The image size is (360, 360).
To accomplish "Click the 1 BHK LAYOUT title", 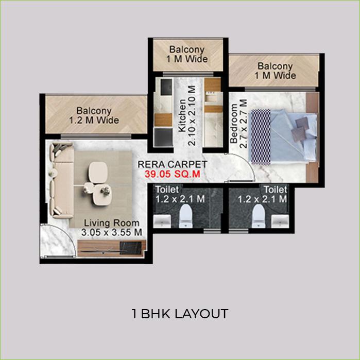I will point(180,314).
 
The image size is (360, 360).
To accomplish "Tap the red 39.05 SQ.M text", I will point(173,175).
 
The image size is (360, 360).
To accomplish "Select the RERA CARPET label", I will point(173,165).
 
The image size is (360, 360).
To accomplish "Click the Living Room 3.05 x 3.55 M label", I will point(112,228).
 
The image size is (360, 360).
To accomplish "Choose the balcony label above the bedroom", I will point(275,71).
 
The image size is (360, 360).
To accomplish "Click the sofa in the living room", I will point(60,180).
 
